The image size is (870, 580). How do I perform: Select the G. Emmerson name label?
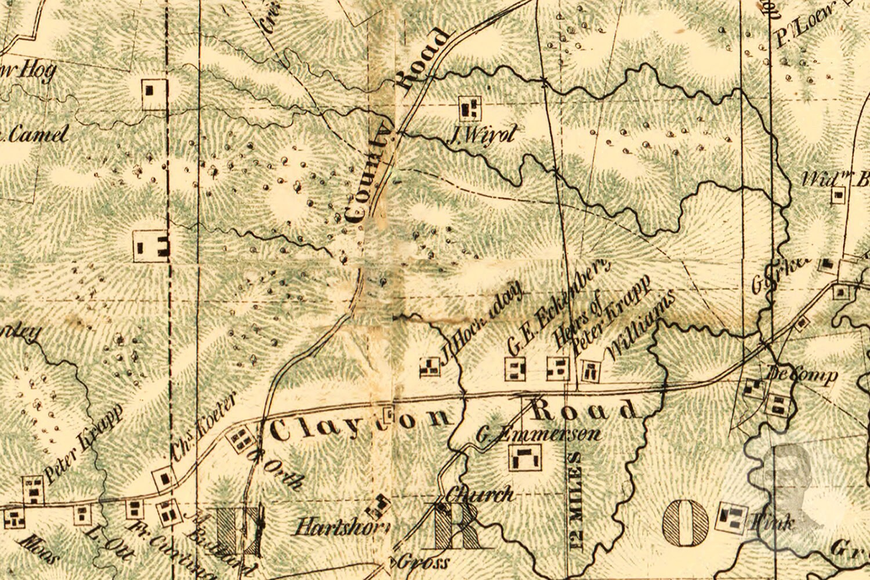[538, 434]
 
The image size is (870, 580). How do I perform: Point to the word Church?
[480, 495]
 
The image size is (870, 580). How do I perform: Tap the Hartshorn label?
[341, 528]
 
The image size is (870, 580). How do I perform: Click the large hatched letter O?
[685, 523]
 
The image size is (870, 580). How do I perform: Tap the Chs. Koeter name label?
[205, 429]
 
